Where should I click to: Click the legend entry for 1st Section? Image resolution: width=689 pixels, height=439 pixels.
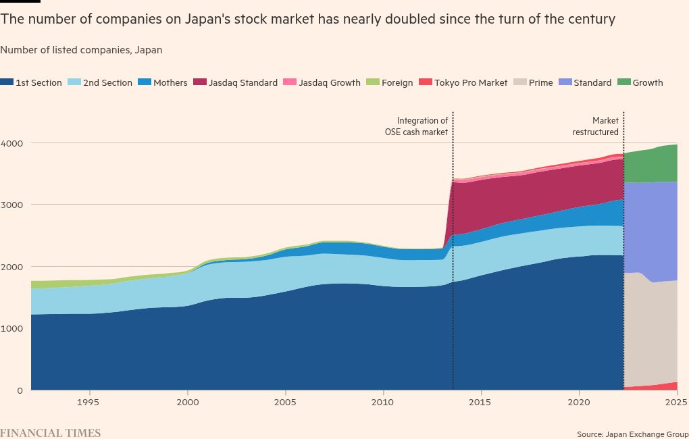(x=38, y=83)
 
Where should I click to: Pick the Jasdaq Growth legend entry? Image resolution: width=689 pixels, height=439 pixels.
(x=328, y=83)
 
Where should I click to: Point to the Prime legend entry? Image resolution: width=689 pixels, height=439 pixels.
(x=540, y=83)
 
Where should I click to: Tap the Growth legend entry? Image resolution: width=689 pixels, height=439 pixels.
(x=647, y=83)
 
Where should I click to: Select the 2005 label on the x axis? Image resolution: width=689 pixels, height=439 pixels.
(x=285, y=403)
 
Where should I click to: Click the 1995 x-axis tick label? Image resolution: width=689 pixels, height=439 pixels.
(x=89, y=403)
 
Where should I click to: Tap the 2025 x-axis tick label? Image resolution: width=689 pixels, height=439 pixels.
(x=676, y=403)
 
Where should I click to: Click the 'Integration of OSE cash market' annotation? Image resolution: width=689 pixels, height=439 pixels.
(x=412, y=126)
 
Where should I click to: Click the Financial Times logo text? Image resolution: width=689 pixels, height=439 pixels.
(x=50, y=433)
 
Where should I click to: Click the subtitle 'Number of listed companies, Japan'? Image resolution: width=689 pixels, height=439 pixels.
(x=81, y=50)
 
